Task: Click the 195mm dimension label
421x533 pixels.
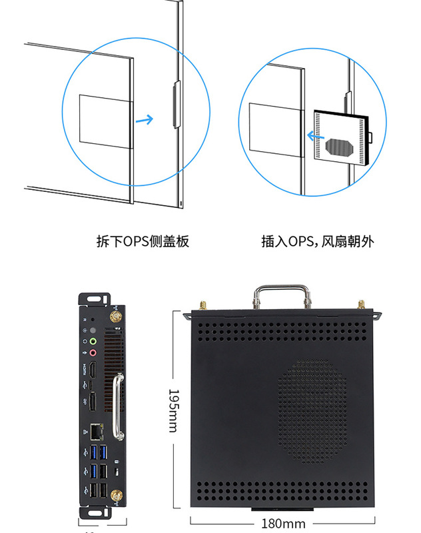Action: tap(173, 410)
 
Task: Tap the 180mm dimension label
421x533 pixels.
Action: tap(284, 524)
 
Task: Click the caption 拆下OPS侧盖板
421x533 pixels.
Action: tap(143, 241)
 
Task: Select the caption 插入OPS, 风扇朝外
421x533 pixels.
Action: tap(318, 241)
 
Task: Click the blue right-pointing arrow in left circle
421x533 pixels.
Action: tap(144, 120)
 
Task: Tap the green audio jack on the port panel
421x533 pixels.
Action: tap(94, 342)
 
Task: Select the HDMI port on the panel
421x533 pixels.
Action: tap(94, 370)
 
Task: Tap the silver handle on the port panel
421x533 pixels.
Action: tap(119, 406)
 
